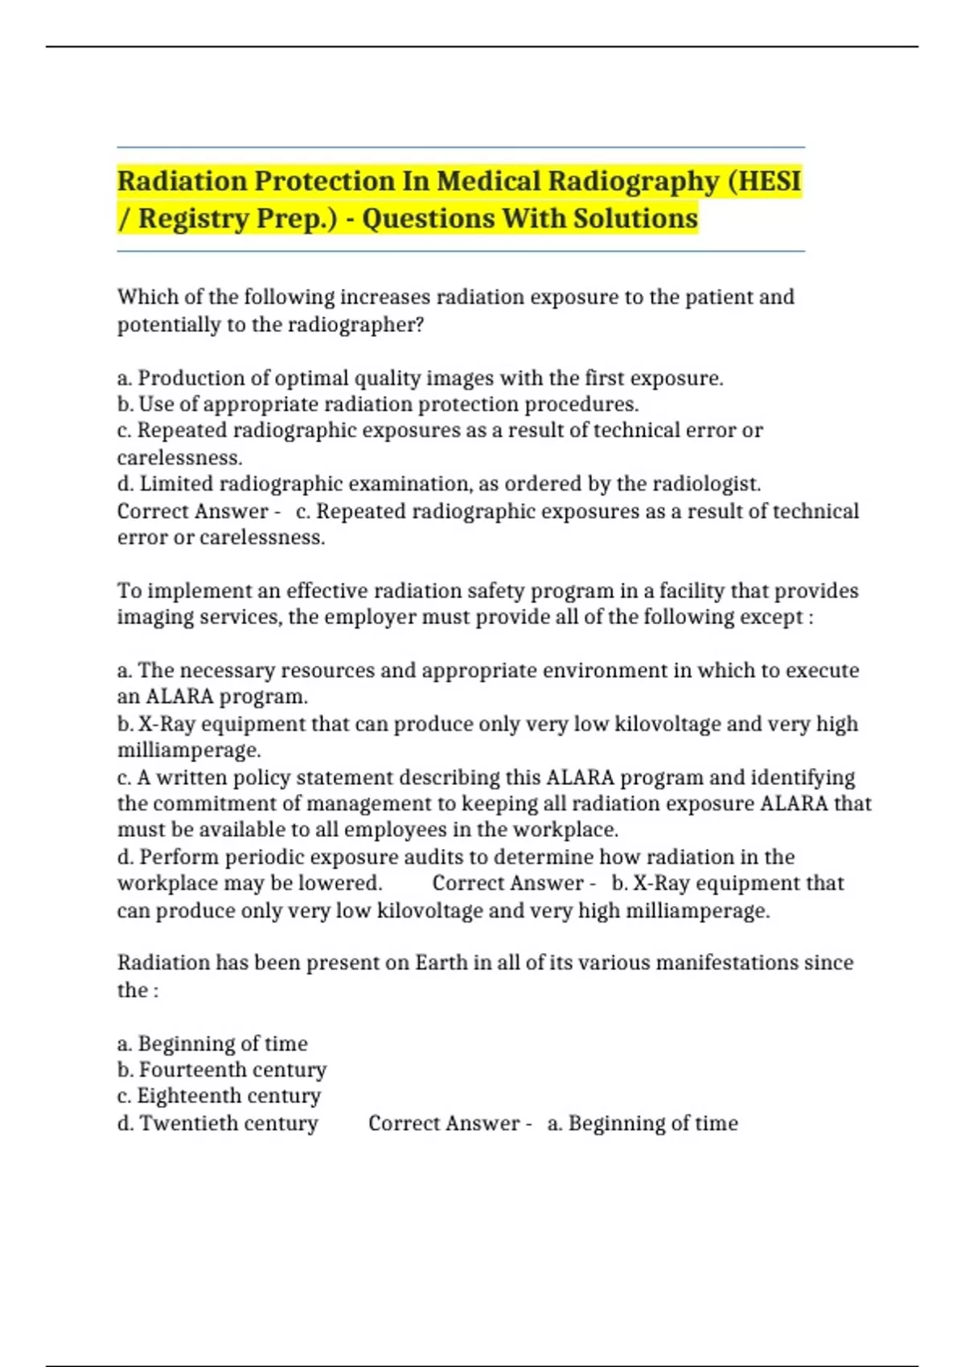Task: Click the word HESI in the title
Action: pyautogui.click(x=770, y=181)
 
